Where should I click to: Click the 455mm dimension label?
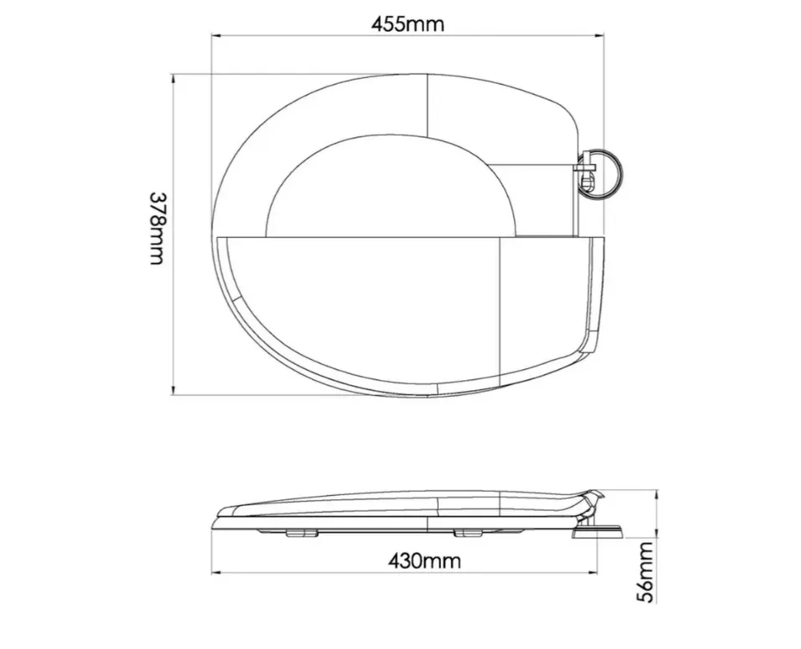point(408,24)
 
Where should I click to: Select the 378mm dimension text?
point(158,229)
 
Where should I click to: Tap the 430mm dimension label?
point(424,560)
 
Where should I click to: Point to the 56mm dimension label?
point(647,572)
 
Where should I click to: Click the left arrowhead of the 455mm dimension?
point(216,36)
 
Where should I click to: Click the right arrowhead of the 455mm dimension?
point(601,36)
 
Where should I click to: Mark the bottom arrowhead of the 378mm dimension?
point(174,390)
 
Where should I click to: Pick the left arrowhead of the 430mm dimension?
point(216,573)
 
